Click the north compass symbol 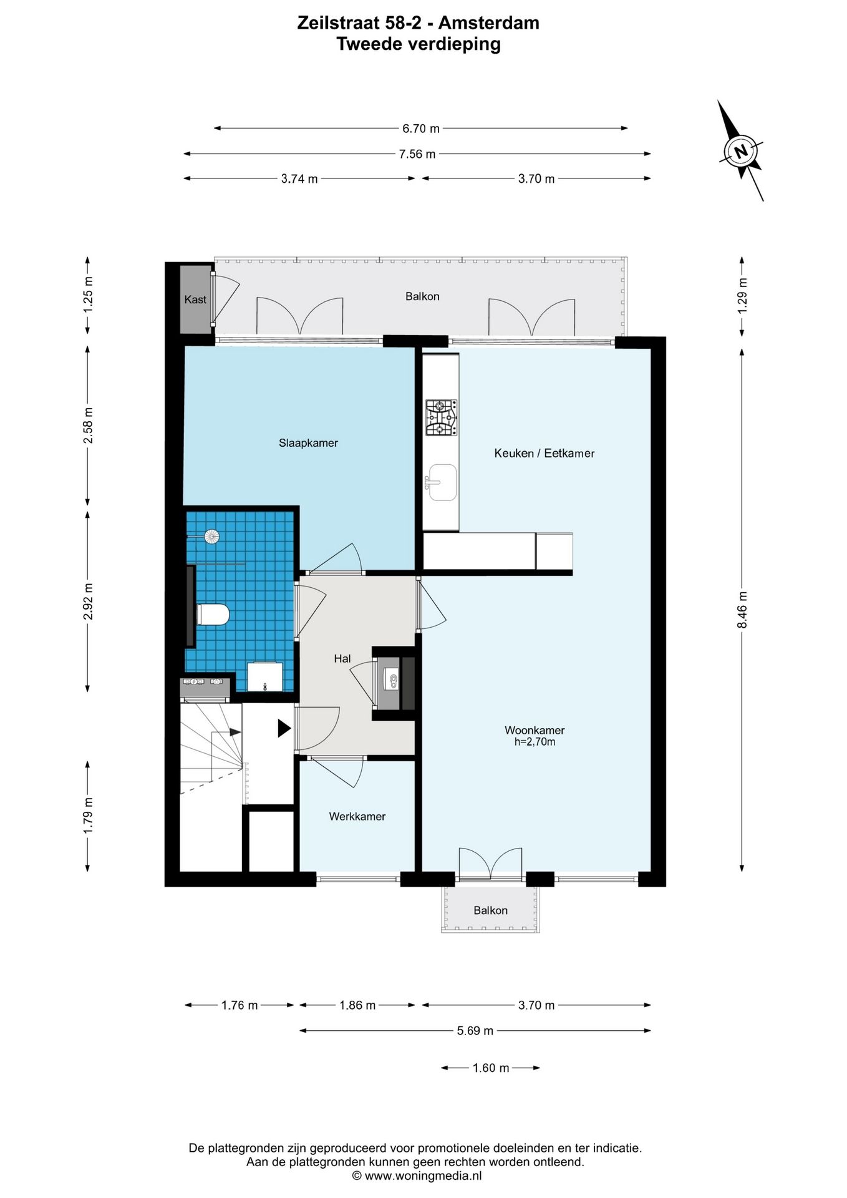click(x=741, y=151)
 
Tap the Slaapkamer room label click(x=308, y=443)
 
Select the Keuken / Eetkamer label click(x=544, y=454)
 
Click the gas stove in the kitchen click(x=441, y=417)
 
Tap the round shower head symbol click(x=212, y=536)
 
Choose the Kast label click(x=195, y=299)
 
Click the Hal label click(x=342, y=658)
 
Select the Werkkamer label click(x=357, y=816)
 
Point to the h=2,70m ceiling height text click(x=535, y=742)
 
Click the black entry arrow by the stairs click(x=284, y=728)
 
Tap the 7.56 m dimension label click(x=417, y=154)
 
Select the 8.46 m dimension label click(x=742, y=610)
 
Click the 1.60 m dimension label click(x=491, y=1068)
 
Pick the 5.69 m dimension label click(x=475, y=1031)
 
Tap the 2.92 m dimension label click(x=88, y=601)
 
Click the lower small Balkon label click(x=490, y=910)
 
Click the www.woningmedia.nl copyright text click(x=417, y=1176)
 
